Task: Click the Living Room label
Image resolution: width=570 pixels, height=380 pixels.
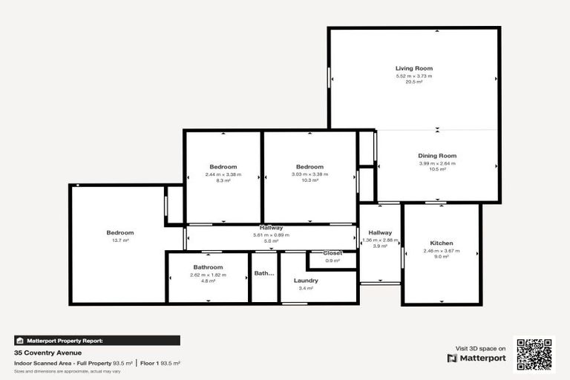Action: [x=413, y=68]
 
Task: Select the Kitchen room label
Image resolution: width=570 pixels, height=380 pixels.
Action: [x=442, y=243]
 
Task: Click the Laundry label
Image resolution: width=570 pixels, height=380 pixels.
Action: [x=306, y=281]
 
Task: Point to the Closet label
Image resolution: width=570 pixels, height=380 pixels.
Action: [x=332, y=253]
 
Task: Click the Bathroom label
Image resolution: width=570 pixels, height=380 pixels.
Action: [x=208, y=267]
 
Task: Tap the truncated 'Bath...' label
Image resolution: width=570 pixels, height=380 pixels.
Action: [x=264, y=273]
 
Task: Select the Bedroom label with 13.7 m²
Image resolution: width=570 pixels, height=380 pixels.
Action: [x=119, y=233]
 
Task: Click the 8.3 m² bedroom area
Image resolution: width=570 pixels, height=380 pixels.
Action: [x=223, y=180]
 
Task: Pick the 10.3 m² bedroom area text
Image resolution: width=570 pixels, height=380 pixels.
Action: [x=309, y=180]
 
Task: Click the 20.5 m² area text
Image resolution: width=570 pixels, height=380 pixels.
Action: [x=413, y=82]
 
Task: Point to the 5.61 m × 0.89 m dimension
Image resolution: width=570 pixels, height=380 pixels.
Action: [x=271, y=235]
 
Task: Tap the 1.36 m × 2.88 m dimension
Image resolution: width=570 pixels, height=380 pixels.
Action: [x=380, y=240]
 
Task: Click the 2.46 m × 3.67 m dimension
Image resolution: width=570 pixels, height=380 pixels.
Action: [x=442, y=251]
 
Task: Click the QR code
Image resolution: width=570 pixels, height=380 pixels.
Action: [x=534, y=355]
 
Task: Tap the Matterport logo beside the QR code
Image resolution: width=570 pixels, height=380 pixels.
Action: [x=476, y=358]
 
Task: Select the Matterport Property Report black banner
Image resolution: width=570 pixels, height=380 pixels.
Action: [x=96, y=341]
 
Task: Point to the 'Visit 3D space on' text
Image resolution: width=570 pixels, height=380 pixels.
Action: [x=480, y=347]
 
